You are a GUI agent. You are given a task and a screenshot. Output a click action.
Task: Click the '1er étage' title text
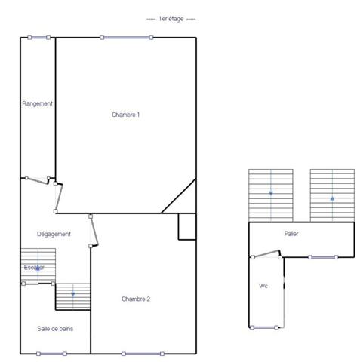171,18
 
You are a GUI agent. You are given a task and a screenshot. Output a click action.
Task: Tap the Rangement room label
37,103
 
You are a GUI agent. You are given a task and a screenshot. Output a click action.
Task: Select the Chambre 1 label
126,115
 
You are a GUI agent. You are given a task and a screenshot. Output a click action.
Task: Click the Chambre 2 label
136,299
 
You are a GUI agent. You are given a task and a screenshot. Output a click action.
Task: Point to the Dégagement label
54,234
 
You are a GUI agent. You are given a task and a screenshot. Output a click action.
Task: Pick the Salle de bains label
55,328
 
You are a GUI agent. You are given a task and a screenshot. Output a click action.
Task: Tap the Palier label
291,234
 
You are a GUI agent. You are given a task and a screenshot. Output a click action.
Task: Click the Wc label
263,286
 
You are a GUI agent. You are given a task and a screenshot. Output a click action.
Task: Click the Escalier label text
35,268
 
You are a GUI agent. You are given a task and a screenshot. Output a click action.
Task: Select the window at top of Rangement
37,37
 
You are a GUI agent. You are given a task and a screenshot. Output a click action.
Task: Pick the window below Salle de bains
51,353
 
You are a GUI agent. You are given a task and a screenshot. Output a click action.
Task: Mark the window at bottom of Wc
264,327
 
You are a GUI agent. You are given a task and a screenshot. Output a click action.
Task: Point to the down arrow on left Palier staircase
271,194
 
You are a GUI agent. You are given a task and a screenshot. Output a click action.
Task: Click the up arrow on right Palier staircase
332,198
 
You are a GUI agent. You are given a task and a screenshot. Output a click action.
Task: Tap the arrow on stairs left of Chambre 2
72,293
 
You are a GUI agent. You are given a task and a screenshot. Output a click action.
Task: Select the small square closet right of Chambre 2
187,226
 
